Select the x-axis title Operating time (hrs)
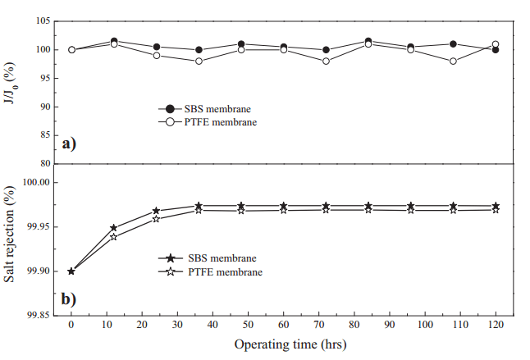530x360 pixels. click(290, 344)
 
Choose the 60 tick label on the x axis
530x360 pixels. click(283, 326)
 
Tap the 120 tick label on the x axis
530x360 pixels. click(496, 326)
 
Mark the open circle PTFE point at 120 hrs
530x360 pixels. click(496, 44)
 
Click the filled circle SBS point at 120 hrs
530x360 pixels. click(496, 50)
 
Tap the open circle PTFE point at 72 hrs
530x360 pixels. click(326, 62)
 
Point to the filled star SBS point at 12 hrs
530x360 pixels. click(114, 228)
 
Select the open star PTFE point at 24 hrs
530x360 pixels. click(156, 219)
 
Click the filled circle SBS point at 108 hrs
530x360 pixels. click(453, 44)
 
